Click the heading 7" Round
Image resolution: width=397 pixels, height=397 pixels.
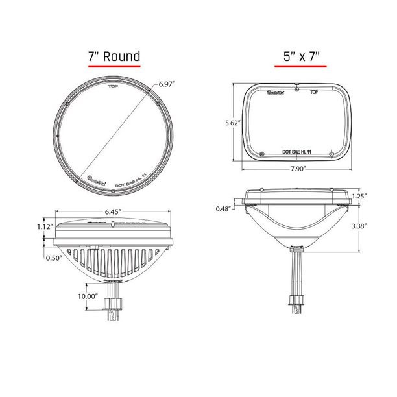[114, 56]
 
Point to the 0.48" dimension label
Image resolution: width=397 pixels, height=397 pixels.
[224, 208]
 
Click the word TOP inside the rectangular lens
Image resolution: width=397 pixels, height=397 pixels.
[313, 93]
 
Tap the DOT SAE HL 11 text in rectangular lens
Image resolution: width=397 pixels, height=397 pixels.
[297, 150]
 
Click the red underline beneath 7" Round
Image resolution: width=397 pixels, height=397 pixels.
[114, 66]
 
